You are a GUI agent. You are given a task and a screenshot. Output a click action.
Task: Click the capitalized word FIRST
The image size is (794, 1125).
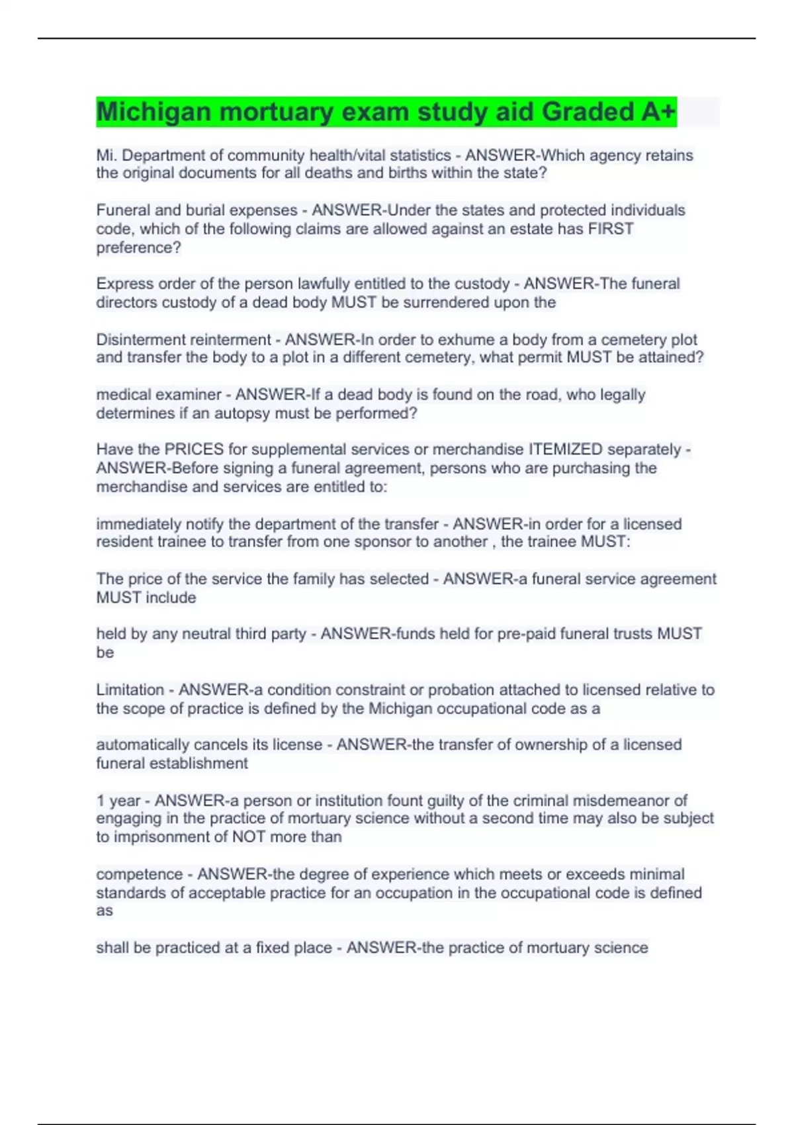611,229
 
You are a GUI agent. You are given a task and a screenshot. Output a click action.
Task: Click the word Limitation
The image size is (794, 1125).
130,690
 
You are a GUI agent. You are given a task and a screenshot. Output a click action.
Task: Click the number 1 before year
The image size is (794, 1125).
101,801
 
